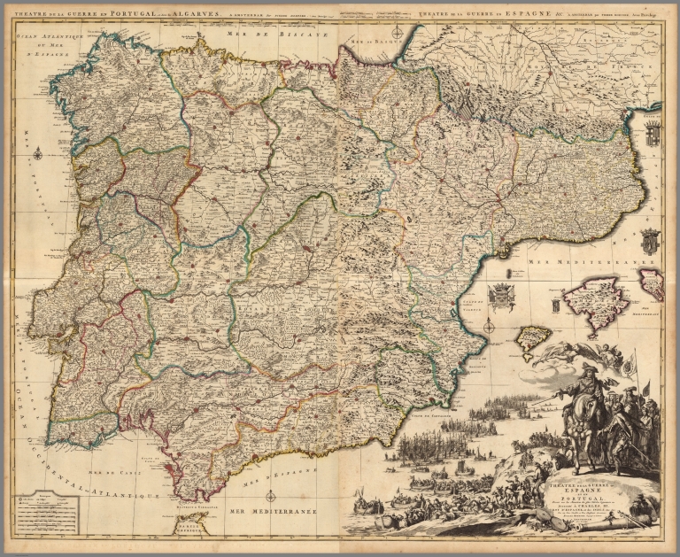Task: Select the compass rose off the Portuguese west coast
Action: (x=39, y=154)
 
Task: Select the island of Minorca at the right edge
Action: (x=652, y=283)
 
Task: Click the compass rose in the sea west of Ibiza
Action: (x=488, y=326)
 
